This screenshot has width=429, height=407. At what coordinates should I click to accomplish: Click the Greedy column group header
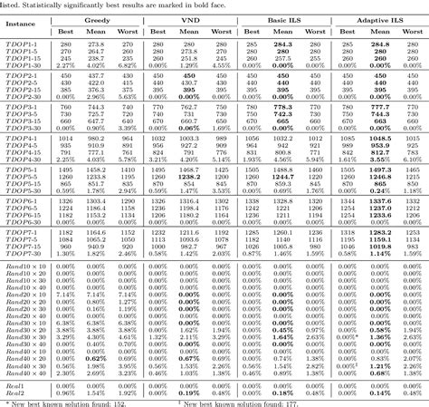tap(96, 18)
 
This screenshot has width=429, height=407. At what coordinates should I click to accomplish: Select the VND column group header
tap(192, 18)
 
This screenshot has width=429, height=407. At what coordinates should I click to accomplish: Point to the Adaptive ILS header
tap(380, 18)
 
